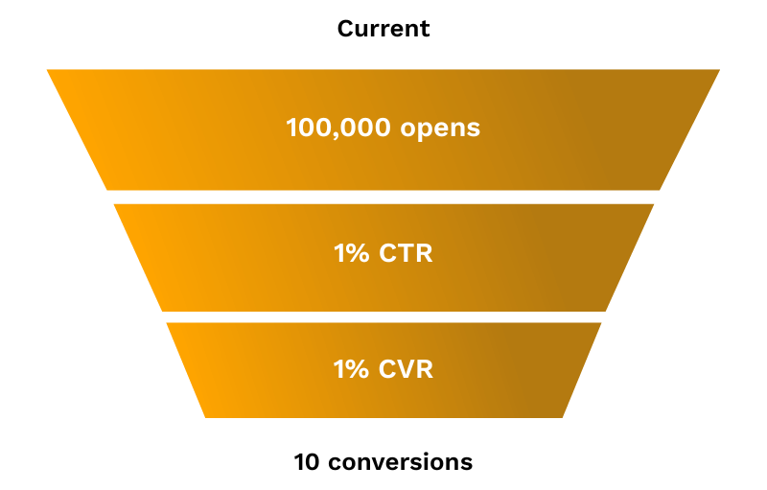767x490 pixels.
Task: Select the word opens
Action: point(439,128)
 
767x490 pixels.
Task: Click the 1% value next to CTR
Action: point(352,255)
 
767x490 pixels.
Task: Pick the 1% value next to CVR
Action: point(352,369)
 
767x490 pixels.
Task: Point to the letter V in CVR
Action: point(407,369)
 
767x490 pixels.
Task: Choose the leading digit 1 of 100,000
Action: point(291,128)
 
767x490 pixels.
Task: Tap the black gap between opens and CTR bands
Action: point(383,197)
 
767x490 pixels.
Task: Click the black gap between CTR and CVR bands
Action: point(383,316)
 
